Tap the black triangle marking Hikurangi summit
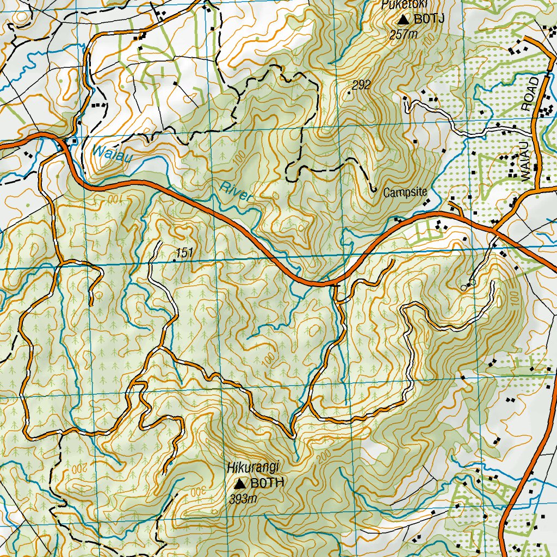coord(239,483)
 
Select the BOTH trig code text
coord(268,483)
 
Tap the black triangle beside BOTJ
coord(403,20)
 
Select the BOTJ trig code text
coord(430,20)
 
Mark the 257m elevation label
coord(403,35)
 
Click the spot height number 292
coord(361,85)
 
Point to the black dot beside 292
coord(349,92)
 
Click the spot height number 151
coord(185,253)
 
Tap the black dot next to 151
coord(174,261)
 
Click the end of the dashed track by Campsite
coord(375,190)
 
